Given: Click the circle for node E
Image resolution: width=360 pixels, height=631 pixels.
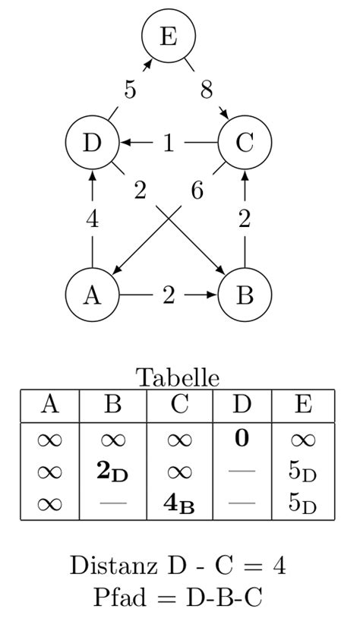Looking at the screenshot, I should (169, 36).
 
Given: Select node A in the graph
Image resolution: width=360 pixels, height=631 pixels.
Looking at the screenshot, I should (92, 295).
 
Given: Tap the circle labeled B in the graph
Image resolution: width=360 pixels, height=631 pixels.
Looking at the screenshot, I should (245, 295).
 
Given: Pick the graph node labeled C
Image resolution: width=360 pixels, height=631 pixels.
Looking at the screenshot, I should (245, 143).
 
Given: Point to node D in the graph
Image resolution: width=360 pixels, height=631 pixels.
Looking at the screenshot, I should (92, 143).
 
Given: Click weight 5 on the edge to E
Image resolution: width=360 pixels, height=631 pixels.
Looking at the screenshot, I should (131, 90).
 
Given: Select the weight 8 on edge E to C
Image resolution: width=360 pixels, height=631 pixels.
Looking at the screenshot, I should (207, 90).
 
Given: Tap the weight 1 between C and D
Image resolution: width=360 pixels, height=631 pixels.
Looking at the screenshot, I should (169, 143).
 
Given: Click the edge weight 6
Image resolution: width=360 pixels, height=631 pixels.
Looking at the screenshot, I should (197, 191).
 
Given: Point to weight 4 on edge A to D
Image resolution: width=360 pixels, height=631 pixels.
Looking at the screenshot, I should (92, 219).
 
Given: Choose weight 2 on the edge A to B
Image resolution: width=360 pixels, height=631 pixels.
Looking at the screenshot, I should (169, 295).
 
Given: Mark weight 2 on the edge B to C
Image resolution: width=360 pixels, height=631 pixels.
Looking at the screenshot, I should (245, 219).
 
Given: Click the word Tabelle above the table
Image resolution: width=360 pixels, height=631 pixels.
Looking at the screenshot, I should (178, 377).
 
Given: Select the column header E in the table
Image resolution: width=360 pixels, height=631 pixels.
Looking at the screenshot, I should (302, 404).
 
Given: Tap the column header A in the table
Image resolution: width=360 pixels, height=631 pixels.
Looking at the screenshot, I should (49, 404).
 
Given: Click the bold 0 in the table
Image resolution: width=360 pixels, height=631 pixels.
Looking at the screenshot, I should (242, 438).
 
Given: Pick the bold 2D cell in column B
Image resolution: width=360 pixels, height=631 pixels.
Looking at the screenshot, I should (112, 472).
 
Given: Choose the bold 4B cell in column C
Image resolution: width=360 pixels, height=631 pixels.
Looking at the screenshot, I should (179, 505).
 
